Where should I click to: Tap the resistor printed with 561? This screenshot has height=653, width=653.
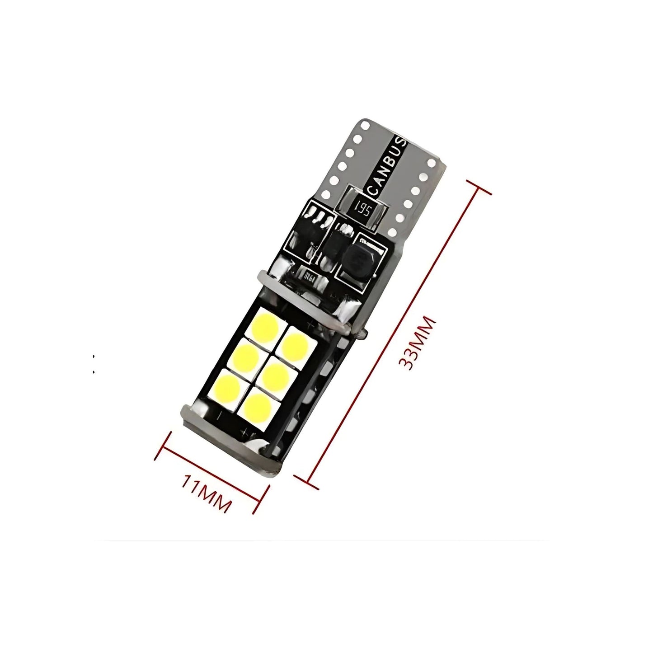coord(364,209)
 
